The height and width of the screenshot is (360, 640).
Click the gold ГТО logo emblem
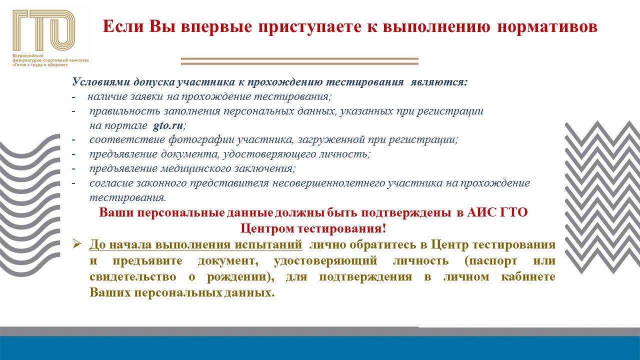[x=43, y=31]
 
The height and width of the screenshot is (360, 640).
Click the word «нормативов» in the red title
[x=547, y=26]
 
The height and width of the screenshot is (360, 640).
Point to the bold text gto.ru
[x=167, y=125]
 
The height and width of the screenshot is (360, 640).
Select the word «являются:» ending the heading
[x=439, y=82]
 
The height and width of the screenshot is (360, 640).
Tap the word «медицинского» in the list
[x=196, y=168]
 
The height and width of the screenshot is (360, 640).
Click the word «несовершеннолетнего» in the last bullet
[x=328, y=183]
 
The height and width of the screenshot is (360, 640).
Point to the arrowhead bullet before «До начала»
[x=77, y=244]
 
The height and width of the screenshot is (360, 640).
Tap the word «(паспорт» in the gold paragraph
[x=491, y=261]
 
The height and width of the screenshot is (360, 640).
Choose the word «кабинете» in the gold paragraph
[x=528, y=276]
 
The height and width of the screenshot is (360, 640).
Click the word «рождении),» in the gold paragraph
[x=240, y=277]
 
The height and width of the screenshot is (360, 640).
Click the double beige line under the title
[x=299, y=61]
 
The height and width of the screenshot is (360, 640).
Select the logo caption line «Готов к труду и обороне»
[x=40, y=65]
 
